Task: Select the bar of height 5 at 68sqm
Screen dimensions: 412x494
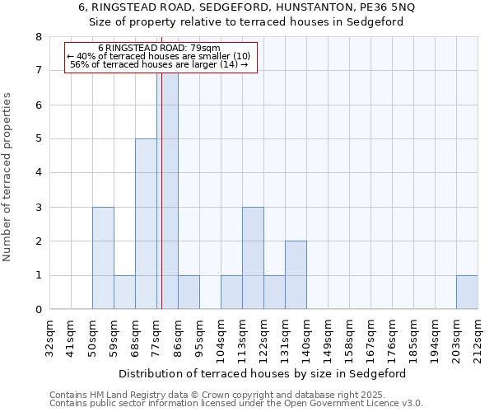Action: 146,224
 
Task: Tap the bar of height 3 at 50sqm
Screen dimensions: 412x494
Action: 103,258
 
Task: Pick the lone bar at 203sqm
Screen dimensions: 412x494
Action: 467,293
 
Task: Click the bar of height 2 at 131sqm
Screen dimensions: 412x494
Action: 296,275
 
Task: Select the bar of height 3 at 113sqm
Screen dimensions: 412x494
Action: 253,258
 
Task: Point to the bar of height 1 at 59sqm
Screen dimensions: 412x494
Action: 124,293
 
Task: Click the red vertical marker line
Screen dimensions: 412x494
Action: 162,206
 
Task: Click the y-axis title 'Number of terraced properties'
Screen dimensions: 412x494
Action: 8,176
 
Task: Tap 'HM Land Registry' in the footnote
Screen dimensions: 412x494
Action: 124,395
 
